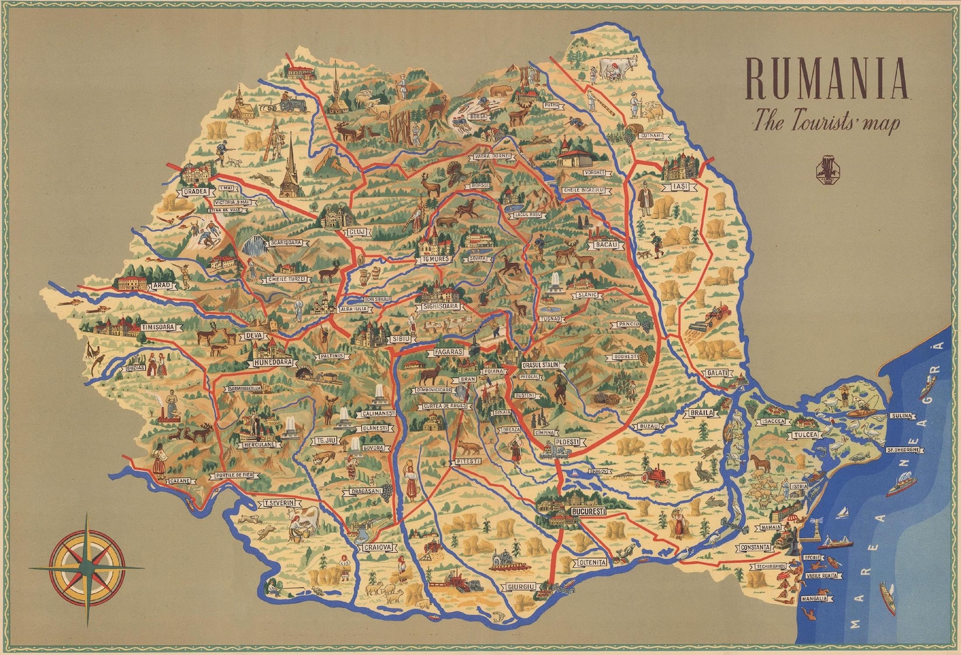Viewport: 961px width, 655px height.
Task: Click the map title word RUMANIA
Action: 827,79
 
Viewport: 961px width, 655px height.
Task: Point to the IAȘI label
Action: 680,187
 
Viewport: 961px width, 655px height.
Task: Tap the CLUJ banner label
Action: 354,232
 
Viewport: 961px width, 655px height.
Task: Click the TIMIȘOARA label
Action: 158,327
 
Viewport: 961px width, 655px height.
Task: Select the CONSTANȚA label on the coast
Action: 755,547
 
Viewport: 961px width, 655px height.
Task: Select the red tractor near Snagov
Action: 657,475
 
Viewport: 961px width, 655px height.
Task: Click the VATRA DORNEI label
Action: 493,156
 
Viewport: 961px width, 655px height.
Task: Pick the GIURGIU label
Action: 521,587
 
